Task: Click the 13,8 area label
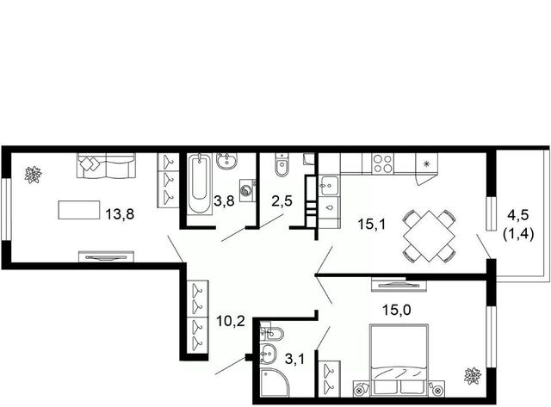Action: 120,213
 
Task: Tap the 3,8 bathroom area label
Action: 224,201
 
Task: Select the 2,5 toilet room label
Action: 282,201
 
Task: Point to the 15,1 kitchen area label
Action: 372,224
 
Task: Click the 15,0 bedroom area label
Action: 397,310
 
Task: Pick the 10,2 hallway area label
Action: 231,321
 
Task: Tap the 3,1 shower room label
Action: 294,359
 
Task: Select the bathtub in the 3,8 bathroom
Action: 199,184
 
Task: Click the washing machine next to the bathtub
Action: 248,190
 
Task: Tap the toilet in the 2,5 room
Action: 282,164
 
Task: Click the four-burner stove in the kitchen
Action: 383,163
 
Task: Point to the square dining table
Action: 429,236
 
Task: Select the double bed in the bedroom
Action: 399,360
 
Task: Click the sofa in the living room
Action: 106,165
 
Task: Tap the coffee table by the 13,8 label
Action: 79,210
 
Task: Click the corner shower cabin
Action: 275,383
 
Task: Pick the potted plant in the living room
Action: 34,175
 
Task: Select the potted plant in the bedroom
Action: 473,376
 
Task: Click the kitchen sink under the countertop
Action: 329,186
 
